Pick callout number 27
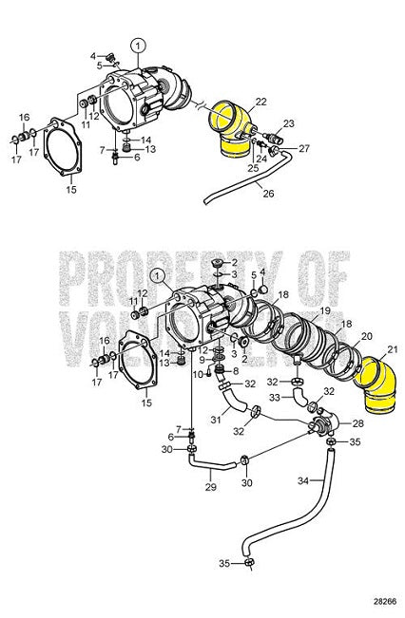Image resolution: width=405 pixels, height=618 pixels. (304, 149)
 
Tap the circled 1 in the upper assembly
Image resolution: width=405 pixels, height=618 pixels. (139, 44)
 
